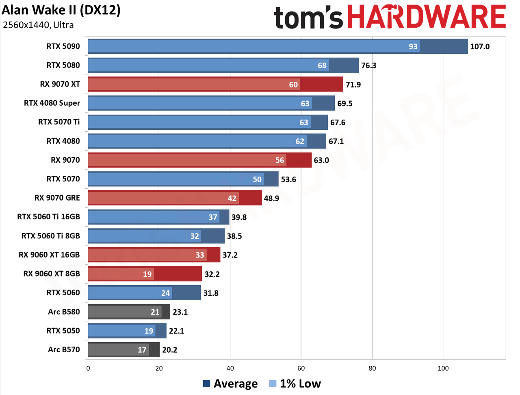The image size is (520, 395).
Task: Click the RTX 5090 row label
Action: click(x=63, y=46)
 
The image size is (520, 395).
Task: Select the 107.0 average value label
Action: click(x=479, y=46)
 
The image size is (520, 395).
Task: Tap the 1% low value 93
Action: click(x=413, y=46)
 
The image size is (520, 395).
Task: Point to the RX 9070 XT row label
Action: click(x=60, y=84)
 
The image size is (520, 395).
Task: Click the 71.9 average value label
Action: click(x=353, y=85)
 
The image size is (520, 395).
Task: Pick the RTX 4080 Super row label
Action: click(x=52, y=103)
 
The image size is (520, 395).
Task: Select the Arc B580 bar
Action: click(x=129, y=312)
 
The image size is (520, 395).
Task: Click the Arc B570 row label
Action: click(x=64, y=349)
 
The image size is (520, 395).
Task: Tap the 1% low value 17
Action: click(x=142, y=350)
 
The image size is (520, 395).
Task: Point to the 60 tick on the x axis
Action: click(x=301, y=368)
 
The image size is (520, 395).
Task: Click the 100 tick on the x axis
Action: click(x=443, y=368)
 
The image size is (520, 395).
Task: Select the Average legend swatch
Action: click(x=206, y=384)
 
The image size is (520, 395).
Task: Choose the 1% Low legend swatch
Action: click(x=273, y=384)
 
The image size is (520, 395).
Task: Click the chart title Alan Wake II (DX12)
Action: click(x=61, y=10)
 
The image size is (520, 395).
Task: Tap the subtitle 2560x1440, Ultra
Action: click(x=38, y=25)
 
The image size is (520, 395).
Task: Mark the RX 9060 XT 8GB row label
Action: click(x=52, y=273)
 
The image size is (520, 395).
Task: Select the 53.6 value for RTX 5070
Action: click(x=288, y=179)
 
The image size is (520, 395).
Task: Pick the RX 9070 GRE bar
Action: click(x=175, y=198)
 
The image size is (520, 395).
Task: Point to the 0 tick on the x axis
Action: click(x=88, y=368)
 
